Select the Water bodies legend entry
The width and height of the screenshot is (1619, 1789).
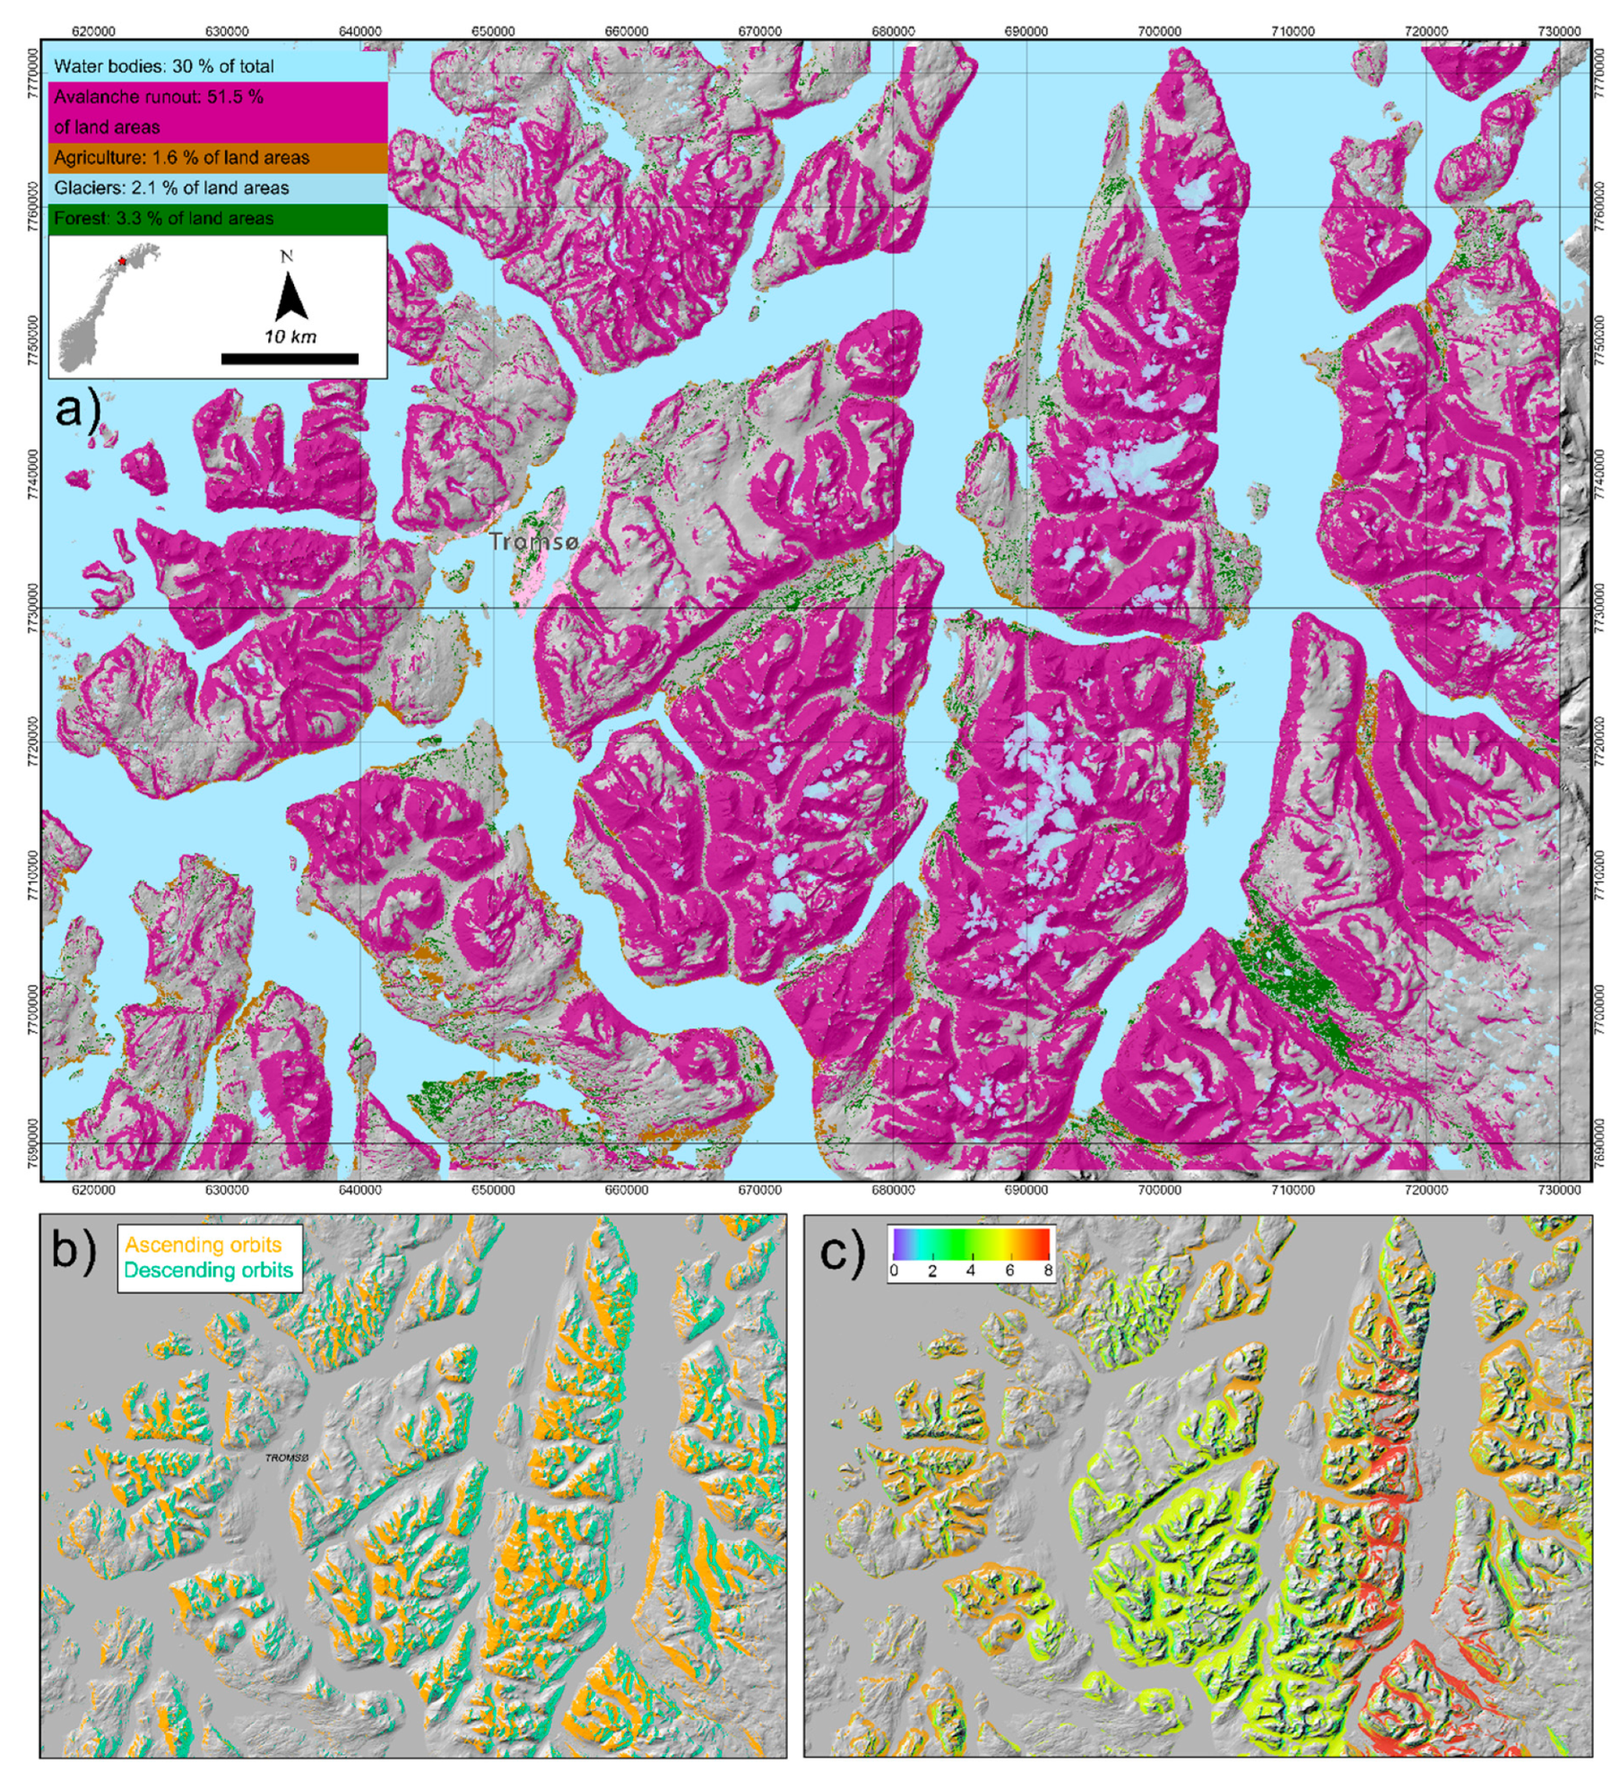click(x=164, y=66)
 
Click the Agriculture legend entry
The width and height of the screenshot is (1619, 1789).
click(x=182, y=158)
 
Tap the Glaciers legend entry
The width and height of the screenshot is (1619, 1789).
click(x=171, y=188)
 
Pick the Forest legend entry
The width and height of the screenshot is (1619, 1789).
click(x=164, y=219)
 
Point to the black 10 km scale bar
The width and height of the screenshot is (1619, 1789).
click(x=290, y=359)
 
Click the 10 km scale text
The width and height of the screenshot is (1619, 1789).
click(x=290, y=337)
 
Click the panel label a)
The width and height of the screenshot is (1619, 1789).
click(x=79, y=411)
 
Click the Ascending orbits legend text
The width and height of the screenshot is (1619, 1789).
click(x=203, y=1245)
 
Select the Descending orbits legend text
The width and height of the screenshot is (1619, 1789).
click(x=208, y=1270)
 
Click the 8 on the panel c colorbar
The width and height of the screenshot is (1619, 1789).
click(x=1048, y=1272)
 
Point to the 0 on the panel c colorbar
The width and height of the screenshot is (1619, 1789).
click(x=894, y=1272)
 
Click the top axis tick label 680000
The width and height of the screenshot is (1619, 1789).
click(x=893, y=30)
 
